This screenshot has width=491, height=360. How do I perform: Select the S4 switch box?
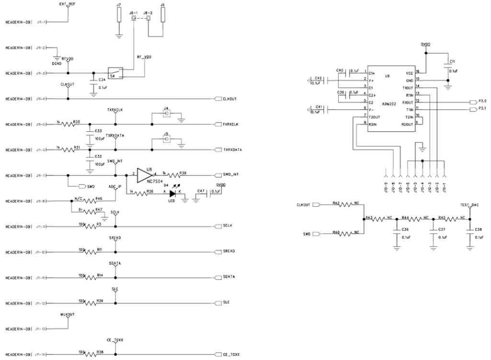tap(115, 73)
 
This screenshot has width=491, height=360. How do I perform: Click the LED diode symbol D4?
tap(173, 194)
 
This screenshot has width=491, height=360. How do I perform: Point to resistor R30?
tap(70, 124)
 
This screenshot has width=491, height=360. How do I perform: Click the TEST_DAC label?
tap(469, 205)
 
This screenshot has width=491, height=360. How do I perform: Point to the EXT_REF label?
tap(67, 4)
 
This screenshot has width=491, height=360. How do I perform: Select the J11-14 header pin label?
tap(41, 355)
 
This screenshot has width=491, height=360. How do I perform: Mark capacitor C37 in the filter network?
tap(433, 232)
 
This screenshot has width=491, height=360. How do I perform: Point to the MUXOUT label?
tap(68, 315)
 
